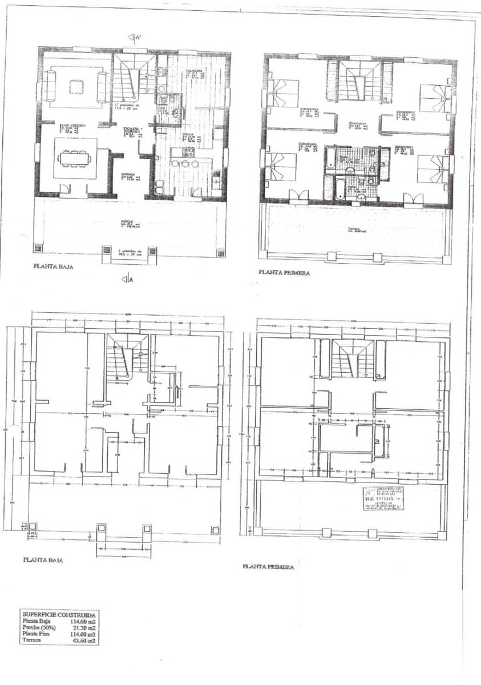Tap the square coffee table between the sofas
[x=76, y=86]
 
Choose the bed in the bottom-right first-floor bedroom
[x=433, y=170]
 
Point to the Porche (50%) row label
[x=39, y=627]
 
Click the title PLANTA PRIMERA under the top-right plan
[x=285, y=273]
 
